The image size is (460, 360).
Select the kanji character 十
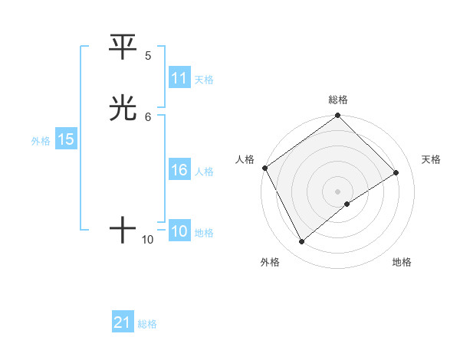(x=123, y=230)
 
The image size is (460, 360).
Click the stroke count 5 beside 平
(x=148, y=56)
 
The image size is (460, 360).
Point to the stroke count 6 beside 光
(x=148, y=116)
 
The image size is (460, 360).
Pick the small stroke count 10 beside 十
(x=148, y=240)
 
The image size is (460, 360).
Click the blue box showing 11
(x=179, y=78)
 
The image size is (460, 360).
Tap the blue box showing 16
(x=179, y=170)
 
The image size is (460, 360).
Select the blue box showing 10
(x=179, y=231)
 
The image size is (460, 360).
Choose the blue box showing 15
(x=66, y=139)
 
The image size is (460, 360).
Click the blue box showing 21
(x=123, y=322)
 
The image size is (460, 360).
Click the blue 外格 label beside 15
(x=41, y=141)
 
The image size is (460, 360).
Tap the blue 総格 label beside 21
(x=147, y=324)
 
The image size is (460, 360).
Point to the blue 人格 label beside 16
(x=205, y=172)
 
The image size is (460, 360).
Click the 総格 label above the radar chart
(x=338, y=100)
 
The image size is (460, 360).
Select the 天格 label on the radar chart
(x=431, y=159)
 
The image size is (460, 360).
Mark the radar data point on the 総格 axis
(x=338, y=116)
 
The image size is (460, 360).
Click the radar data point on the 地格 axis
(x=347, y=204)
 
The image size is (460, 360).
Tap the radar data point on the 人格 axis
(x=264, y=168)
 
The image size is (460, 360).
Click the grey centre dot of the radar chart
(x=338, y=191)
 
